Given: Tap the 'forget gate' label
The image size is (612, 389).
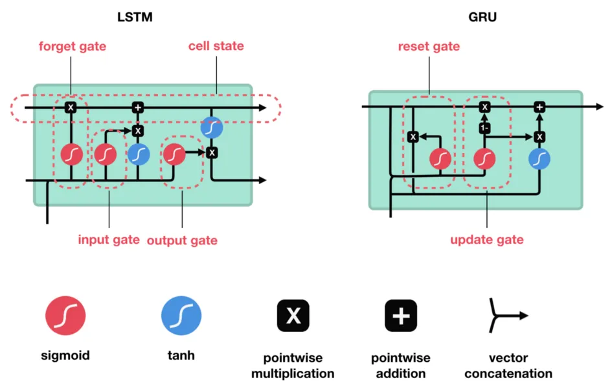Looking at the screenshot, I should tap(72, 47).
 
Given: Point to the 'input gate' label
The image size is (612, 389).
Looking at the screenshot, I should tap(109, 239).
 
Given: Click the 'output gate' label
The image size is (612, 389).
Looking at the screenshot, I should tap(182, 240).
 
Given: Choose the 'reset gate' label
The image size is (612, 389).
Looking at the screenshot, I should tap(429, 47).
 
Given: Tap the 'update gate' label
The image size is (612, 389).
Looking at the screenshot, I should tap(486, 240).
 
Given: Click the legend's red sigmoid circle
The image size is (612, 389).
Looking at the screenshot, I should tap(65, 316).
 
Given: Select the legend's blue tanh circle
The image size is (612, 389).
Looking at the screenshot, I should tap(181, 316).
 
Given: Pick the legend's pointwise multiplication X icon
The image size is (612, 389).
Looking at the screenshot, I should tap(293, 316).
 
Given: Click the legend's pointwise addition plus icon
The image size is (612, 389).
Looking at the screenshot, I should tap(401, 316).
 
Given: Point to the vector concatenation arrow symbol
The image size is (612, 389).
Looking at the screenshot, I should tap(508, 316).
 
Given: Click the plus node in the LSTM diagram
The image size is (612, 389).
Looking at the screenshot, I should tap(137, 108).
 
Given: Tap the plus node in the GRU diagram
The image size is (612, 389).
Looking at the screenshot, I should tap(539, 107).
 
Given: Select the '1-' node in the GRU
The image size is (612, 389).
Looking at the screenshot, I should tap(483, 128).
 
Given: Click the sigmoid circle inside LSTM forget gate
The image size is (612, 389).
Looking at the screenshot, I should tap(71, 154).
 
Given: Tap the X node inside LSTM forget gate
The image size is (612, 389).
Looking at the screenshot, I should tap(71, 108).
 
